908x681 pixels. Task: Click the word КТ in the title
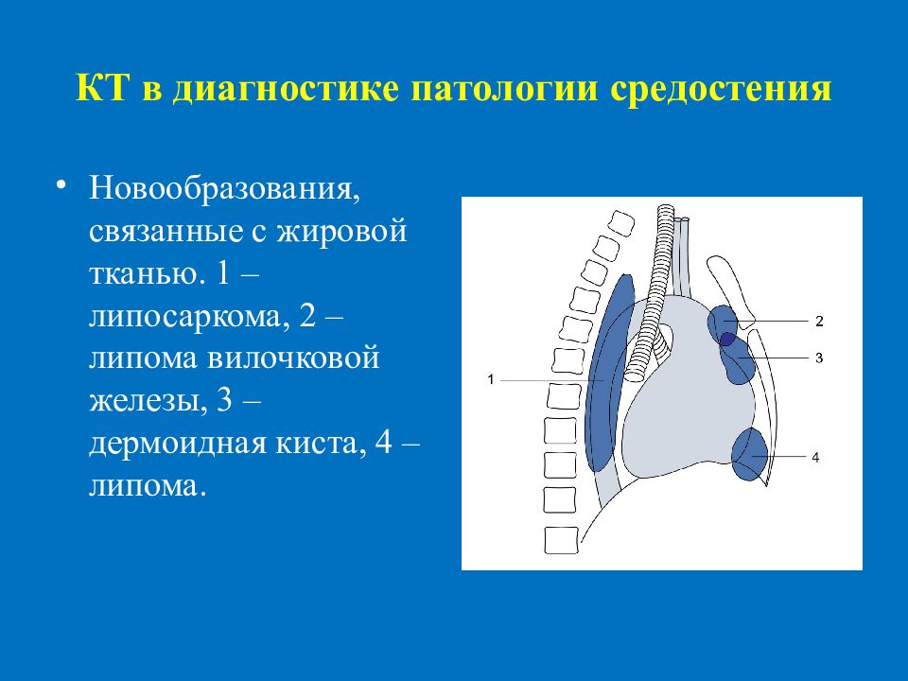101,88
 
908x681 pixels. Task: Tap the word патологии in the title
504,89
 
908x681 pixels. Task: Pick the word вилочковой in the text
293,358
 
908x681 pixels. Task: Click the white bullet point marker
62,186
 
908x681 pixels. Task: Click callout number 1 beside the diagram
491,380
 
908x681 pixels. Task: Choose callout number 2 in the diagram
819,322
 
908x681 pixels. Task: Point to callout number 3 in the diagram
819,358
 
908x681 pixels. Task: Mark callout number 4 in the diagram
815,458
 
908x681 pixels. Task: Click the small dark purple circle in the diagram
727,340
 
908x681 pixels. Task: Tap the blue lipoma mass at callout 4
749,455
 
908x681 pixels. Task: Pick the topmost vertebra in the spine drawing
620,223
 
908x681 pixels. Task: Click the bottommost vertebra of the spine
562,540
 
